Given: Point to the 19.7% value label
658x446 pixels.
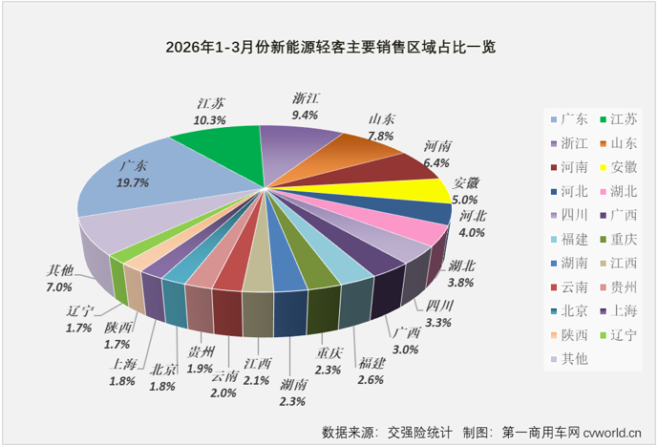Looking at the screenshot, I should [135, 182].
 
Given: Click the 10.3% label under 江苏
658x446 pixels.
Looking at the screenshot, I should [210, 120].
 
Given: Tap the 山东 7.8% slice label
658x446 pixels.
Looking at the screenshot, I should [382, 128].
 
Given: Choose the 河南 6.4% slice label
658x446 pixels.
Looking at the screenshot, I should [437, 155].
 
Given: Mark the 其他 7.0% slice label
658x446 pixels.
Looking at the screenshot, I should [59, 278].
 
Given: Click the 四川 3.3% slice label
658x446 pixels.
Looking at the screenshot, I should [438, 314].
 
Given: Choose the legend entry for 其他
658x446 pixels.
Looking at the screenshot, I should [576, 359].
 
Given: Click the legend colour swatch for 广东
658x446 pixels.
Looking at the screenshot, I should [555, 119].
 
